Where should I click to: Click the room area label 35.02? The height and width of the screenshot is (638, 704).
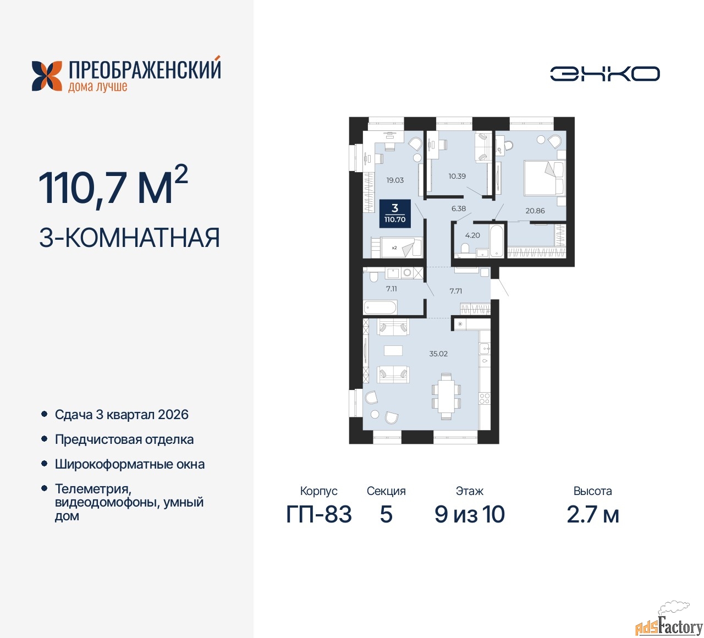[438, 354]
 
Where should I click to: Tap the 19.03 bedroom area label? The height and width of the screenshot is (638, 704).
[395, 180]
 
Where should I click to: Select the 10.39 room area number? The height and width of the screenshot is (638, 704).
[457, 176]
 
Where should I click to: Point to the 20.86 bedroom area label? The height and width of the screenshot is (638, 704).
[535, 211]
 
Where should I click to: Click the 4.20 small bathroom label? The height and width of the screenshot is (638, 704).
[472, 235]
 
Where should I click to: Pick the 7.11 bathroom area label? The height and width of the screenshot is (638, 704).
[391, 289]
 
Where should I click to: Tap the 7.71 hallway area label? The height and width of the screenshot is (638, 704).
[455, 291]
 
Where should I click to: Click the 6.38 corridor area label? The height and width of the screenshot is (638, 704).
[458, 208]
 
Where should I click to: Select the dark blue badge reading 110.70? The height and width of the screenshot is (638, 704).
[395, 213]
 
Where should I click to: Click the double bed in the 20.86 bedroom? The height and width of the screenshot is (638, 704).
[544, 178]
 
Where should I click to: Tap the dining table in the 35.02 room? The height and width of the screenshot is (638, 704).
[446, 396]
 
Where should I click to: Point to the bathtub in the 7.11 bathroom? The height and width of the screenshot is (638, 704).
[381, 307]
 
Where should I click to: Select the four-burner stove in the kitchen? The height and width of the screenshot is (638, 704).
[485, 399]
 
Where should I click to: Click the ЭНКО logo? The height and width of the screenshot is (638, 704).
[604, 74]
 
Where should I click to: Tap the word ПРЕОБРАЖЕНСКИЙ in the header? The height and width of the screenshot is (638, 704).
[145, 70]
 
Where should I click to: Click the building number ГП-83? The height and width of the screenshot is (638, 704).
[318, 514]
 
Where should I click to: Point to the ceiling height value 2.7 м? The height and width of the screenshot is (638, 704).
[593, 514]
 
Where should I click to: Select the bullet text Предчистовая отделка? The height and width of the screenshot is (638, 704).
[124, 439]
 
